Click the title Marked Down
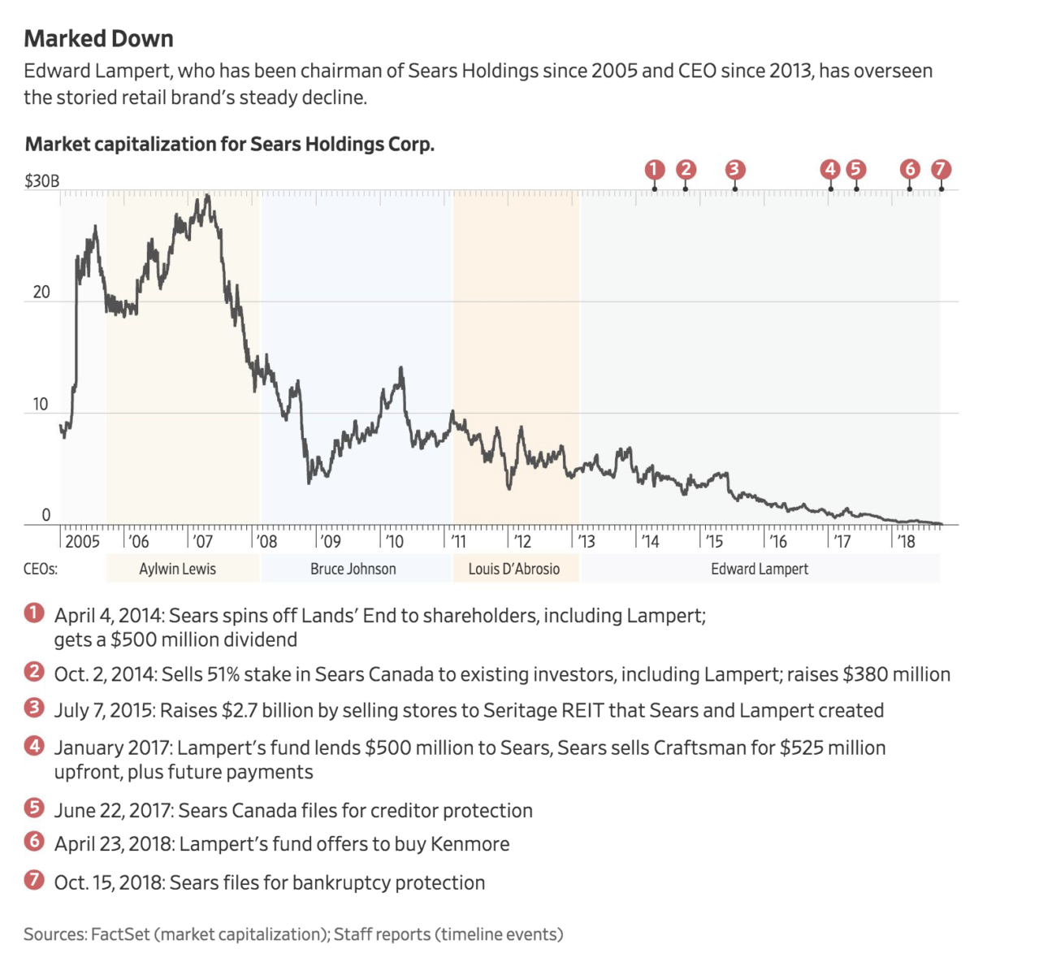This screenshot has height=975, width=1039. coord(98,39)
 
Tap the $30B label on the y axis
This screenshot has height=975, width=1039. coord(41,180)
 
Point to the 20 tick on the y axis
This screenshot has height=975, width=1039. coord(41,292)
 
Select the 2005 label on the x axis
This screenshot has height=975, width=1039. coord(82,542)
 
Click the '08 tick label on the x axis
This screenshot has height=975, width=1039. coord(266,542)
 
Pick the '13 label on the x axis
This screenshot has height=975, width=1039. coord(586,542)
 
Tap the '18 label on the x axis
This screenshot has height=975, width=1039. coord(906,542)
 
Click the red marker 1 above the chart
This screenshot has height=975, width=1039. coord(655,169)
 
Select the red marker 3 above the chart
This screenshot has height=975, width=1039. coord(734,169)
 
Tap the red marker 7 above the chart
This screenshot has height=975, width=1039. coord(941,169)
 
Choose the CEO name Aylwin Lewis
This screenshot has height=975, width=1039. coord(177,570)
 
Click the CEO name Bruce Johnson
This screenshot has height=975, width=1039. coord(353,570)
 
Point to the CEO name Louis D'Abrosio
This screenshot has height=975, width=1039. coord(513,570)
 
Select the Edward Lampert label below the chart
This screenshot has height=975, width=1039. coord(760,570)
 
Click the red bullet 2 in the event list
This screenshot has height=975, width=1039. coord(34,672)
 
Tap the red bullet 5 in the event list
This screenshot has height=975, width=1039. coord(34,808)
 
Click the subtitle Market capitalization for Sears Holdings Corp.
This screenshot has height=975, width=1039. coord(230,145)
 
